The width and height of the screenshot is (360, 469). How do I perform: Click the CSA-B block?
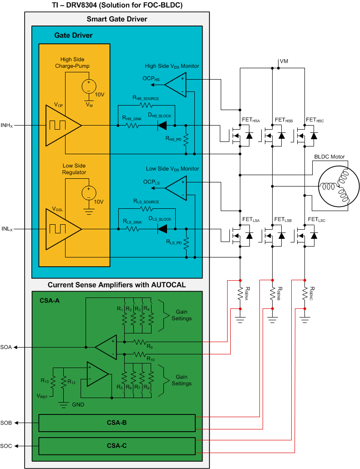pos(117,423)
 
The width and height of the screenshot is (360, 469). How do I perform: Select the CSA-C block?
pos(117,446)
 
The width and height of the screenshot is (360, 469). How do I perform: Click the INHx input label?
pos(7,125)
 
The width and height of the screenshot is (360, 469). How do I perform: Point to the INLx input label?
pos(7,229)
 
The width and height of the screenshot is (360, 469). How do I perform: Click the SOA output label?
pos(6,347)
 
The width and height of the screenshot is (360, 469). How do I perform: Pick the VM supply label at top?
pos(284,61)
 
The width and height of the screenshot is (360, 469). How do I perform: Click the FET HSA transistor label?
pos(251,120)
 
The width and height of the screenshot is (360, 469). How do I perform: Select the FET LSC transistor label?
pos(317,220)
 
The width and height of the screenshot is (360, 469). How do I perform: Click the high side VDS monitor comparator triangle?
pos(175,85)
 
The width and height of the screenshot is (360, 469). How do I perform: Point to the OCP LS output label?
pos(152,182)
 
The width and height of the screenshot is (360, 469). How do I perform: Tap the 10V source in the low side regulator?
pos(88,192)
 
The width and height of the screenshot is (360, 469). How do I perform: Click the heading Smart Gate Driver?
pos(117,19)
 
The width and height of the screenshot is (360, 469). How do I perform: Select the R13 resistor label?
pos(45,380)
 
